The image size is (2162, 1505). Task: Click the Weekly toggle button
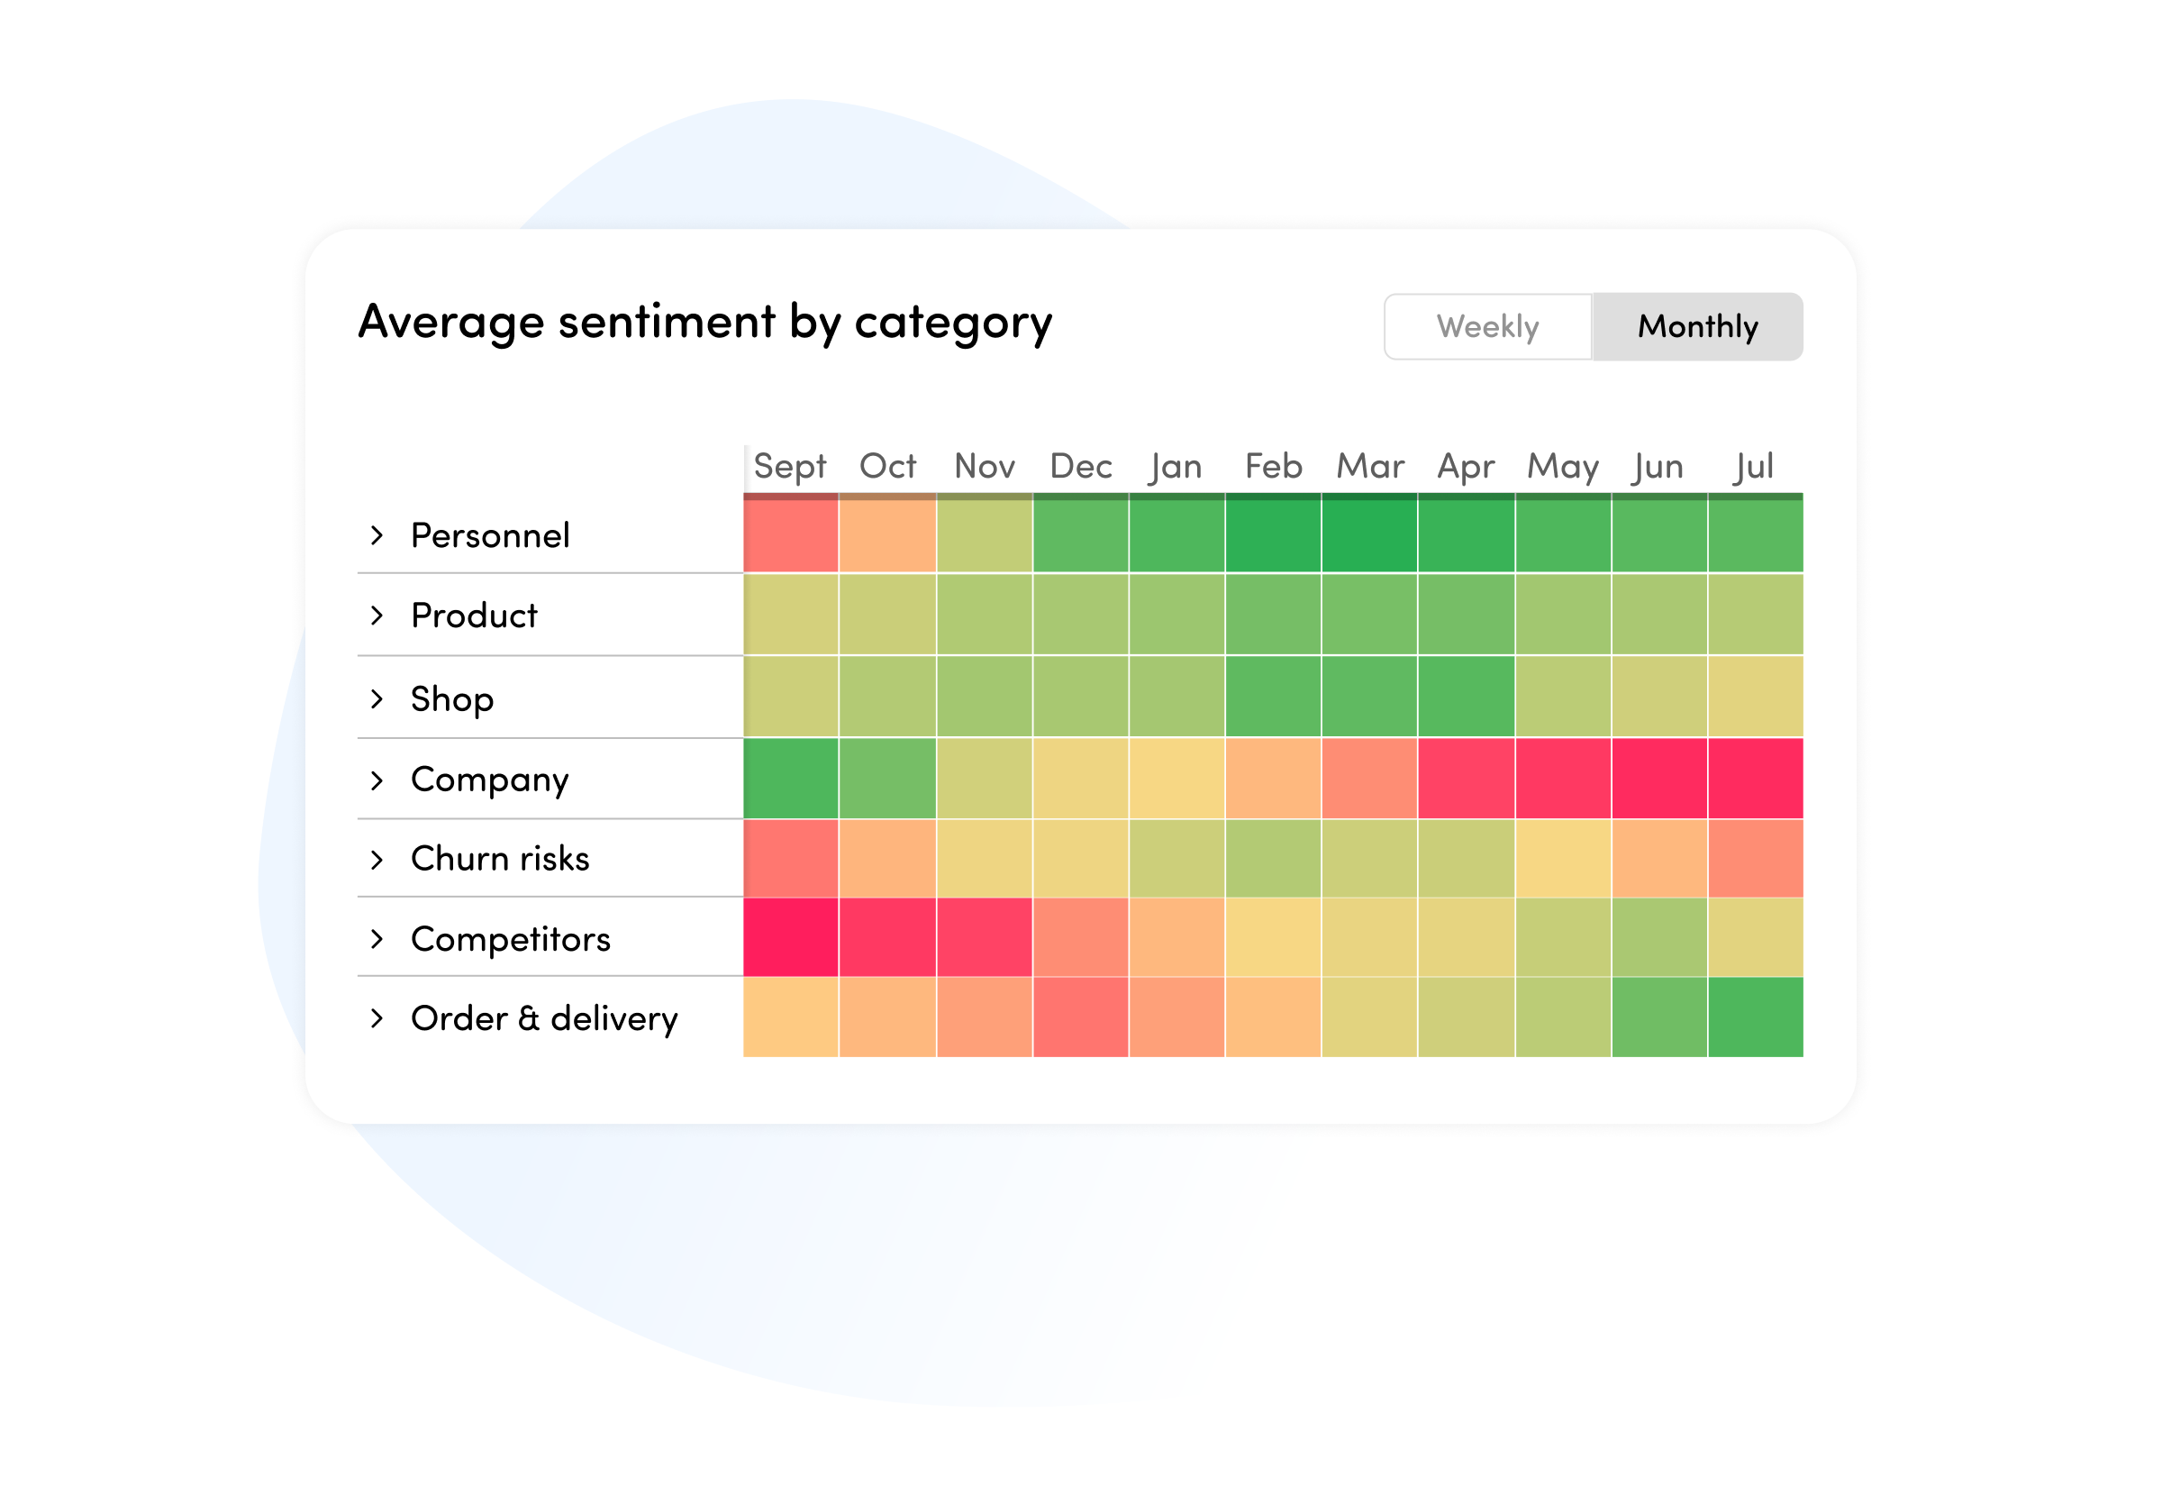1487,327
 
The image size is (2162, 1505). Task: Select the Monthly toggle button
1697,327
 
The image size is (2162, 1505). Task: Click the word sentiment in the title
667,322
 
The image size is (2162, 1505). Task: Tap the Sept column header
789,466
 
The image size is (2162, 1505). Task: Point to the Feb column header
1272,466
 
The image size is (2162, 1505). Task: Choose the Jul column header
1753,466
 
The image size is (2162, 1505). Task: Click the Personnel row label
490,536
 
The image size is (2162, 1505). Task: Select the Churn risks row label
500,859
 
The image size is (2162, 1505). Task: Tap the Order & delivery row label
543,1019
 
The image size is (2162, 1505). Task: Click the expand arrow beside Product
377,616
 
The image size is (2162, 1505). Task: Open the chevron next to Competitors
377,939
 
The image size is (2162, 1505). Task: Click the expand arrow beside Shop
377,698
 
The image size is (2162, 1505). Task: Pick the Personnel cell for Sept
790,535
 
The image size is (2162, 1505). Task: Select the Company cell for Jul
1755,779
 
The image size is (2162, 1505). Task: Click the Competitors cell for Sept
790,938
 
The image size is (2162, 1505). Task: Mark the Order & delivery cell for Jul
1755,1017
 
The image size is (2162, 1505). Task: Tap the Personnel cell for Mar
1369,535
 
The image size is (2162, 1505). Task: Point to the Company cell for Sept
790,779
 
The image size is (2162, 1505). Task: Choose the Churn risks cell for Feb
1272,858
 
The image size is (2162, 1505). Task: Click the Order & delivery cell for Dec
1080,1017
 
